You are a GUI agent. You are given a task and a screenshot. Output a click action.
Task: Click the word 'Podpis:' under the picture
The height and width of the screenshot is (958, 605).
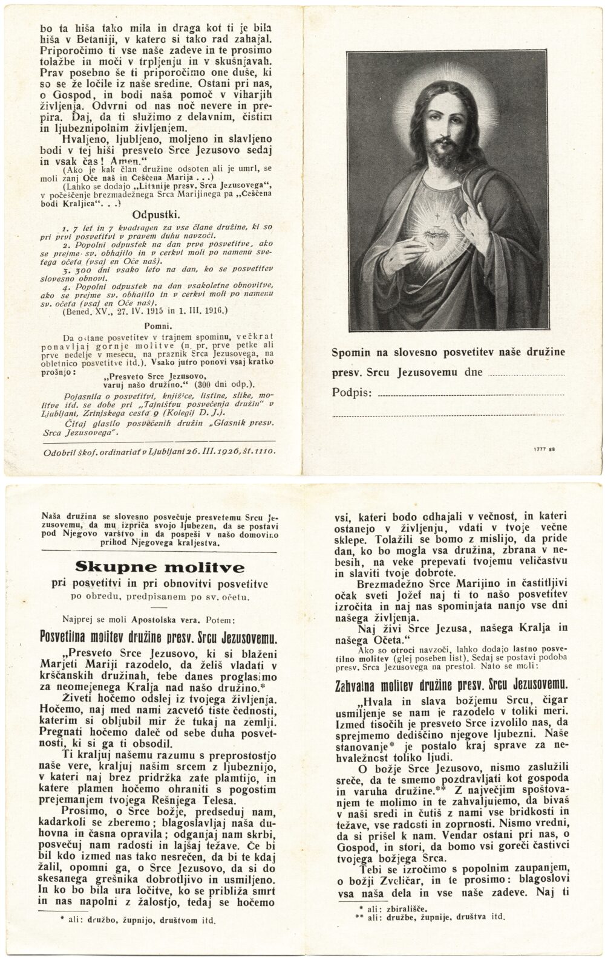click(x=351, y=393)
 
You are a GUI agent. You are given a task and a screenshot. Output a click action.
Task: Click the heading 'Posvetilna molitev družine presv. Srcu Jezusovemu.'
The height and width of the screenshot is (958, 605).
click(x=157, y=638)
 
